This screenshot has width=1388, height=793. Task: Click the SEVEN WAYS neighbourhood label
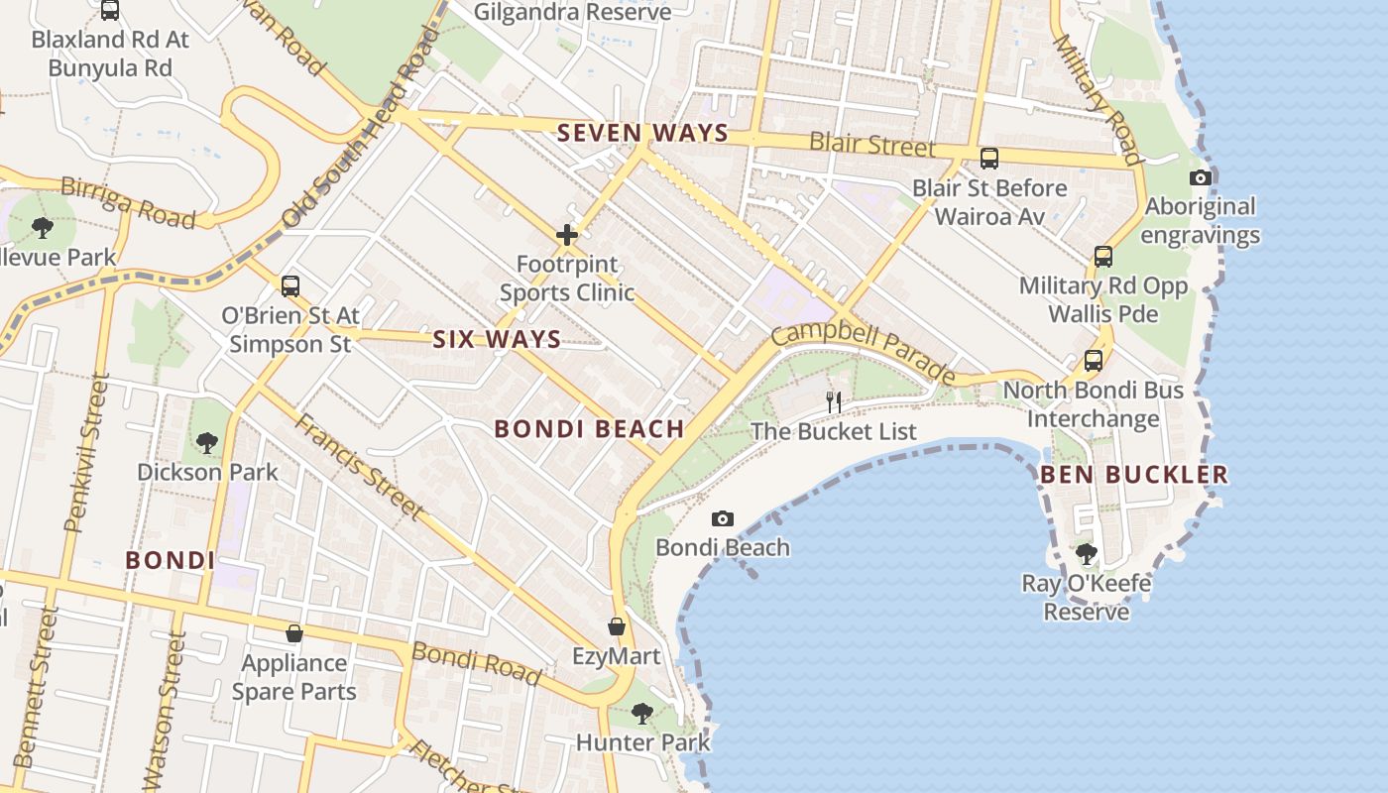pos(642,133)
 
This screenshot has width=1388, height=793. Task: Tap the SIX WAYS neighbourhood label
pos(497,339)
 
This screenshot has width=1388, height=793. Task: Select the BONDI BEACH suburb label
pos(589,428)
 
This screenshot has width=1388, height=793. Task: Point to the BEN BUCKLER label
pos(1133,475)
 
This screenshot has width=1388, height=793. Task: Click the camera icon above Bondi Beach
pos(723,518)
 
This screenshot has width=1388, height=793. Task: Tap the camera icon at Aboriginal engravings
pos(1200,178)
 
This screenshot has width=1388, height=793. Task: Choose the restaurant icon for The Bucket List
pos(834,401)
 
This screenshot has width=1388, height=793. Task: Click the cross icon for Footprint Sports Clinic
pos(567,235)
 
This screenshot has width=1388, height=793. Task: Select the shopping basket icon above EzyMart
pos(617,626)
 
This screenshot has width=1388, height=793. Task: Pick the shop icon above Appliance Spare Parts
pos(293,632)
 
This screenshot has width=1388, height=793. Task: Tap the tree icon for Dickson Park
pos(207,442)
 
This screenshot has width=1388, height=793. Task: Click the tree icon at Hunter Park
pos(642,713)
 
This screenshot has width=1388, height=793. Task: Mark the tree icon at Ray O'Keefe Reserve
pos(1087,553)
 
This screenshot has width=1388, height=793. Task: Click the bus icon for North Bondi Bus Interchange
pos(1093,361)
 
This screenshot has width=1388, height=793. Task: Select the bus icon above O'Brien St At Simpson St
pos(289,285)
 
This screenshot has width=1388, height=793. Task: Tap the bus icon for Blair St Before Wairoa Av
pos(988,158)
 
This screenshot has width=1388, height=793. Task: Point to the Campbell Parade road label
pos(863,350)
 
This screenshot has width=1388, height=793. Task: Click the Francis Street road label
pos(359,465)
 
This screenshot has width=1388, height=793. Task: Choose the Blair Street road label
pos(871,144)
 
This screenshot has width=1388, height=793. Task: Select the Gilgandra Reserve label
pos(572,12)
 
